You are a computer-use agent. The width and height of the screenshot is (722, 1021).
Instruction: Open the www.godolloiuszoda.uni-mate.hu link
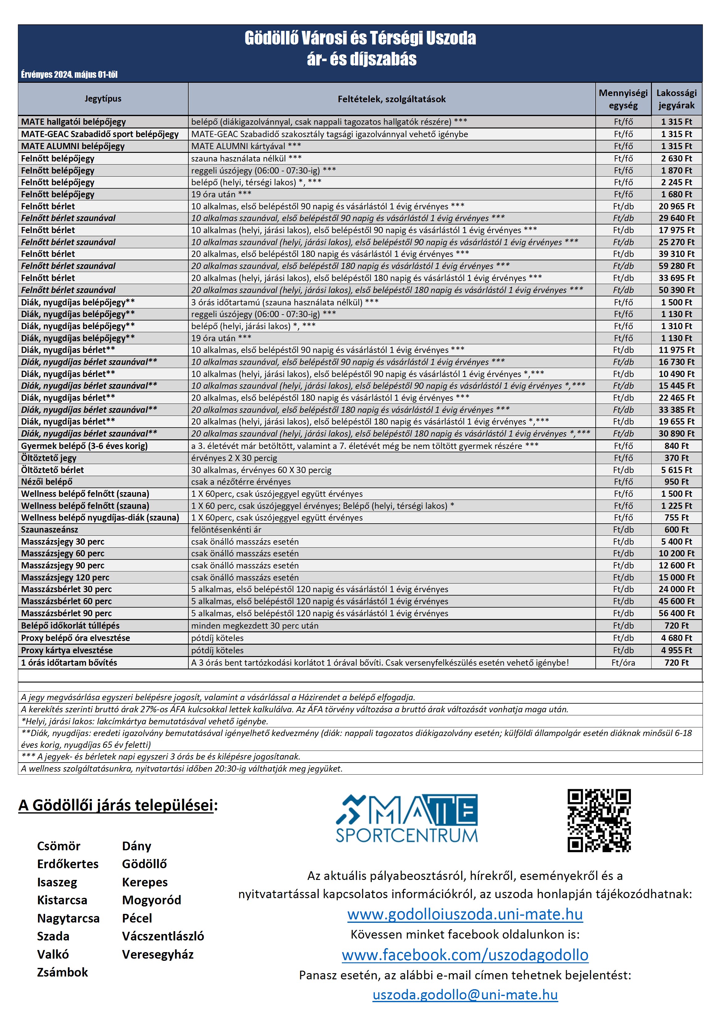click(465, 914)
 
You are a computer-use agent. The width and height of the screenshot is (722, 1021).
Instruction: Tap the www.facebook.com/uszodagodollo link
click(465, 955)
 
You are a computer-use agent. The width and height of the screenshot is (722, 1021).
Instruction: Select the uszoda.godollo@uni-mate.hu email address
click(465, 995)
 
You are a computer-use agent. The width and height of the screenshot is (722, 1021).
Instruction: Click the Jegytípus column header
click(103, 99)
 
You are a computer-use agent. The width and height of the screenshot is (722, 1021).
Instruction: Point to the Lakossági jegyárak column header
click(676, 99)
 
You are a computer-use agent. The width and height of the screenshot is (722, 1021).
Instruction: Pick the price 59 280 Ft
click(676, 266)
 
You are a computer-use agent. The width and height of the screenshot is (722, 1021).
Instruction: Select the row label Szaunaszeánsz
click(49, 529)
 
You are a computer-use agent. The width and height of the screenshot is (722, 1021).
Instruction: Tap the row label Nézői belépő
click(47, 482)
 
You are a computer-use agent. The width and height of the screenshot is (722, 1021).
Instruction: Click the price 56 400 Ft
click(676, 613)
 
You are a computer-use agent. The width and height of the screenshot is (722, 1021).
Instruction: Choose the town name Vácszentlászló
click(163, 936)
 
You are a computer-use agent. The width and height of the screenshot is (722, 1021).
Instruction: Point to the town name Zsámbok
click(62, 972)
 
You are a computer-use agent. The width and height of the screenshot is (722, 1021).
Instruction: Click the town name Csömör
click(59, 846)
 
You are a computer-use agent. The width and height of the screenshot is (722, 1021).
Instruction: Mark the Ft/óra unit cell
click(623, 663)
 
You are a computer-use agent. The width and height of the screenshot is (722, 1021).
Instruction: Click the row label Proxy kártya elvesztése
click(67, 650)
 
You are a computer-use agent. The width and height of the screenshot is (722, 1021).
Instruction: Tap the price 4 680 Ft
click(676, 638)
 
